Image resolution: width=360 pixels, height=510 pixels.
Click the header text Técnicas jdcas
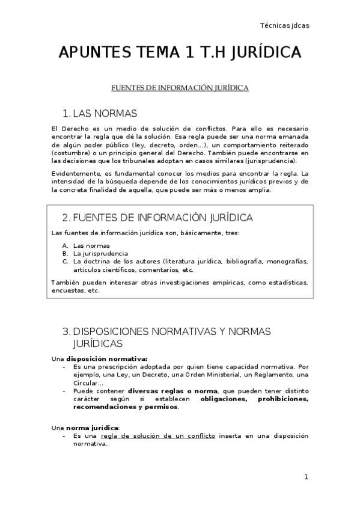(x=284, y=25)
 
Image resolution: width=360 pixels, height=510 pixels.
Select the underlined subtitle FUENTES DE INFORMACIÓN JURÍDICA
(x=180, y=88)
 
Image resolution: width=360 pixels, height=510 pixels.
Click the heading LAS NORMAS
(x=105, y=114)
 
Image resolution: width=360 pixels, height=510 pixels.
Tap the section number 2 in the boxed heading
(x=66, y=217)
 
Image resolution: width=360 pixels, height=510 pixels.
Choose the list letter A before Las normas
(x=65, y=245)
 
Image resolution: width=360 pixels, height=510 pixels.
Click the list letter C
(x=65, y=262)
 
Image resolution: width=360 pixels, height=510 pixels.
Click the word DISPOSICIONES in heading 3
(x=116, y=331)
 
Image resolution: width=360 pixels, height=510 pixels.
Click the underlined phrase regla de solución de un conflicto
(x=157, y=435)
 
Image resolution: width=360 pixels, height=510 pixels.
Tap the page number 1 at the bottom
(x=306, y=477)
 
